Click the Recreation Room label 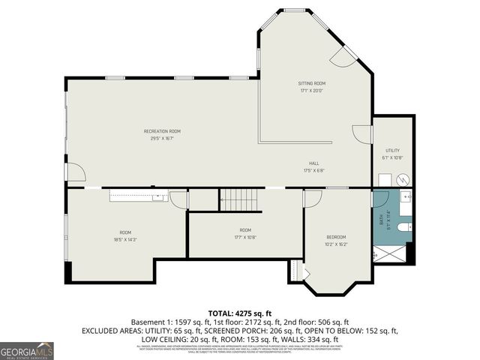click(x=162, y=131)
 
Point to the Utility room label click(x=393, y=151)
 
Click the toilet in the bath click(x=403, y=226)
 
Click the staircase click(x=241, y=200)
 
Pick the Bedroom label click(x=335, y=237)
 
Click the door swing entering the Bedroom click(x=313, y=198)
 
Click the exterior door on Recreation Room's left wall click(x=74, y=172)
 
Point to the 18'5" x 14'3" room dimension click(x=125, y=239)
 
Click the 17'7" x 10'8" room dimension click(x=245, y=236)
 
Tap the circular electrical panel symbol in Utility click(x=402, y=180)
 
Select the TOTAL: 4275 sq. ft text click(x=240, y=313)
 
